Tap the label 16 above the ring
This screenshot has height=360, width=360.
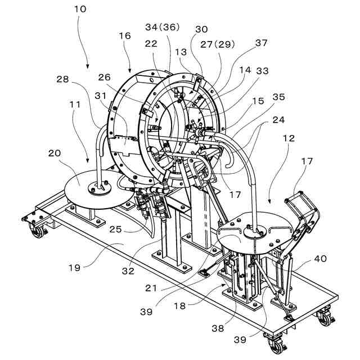124,36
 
